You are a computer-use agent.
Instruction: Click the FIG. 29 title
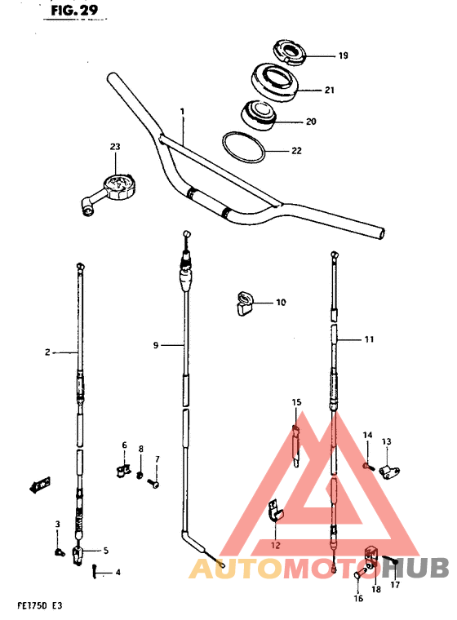coord(74,11)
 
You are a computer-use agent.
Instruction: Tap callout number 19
coord(343,55)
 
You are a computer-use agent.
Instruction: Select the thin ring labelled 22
coord(244,147)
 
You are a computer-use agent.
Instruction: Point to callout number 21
coord(330,91)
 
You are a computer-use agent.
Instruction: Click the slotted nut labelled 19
coord(289,52)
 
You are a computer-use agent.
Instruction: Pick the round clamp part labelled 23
coord(108,194)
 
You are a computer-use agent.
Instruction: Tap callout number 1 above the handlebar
coord(183,112)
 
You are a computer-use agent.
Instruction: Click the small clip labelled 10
coord(244,303)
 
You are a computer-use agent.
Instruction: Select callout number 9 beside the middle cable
coord(156,345)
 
